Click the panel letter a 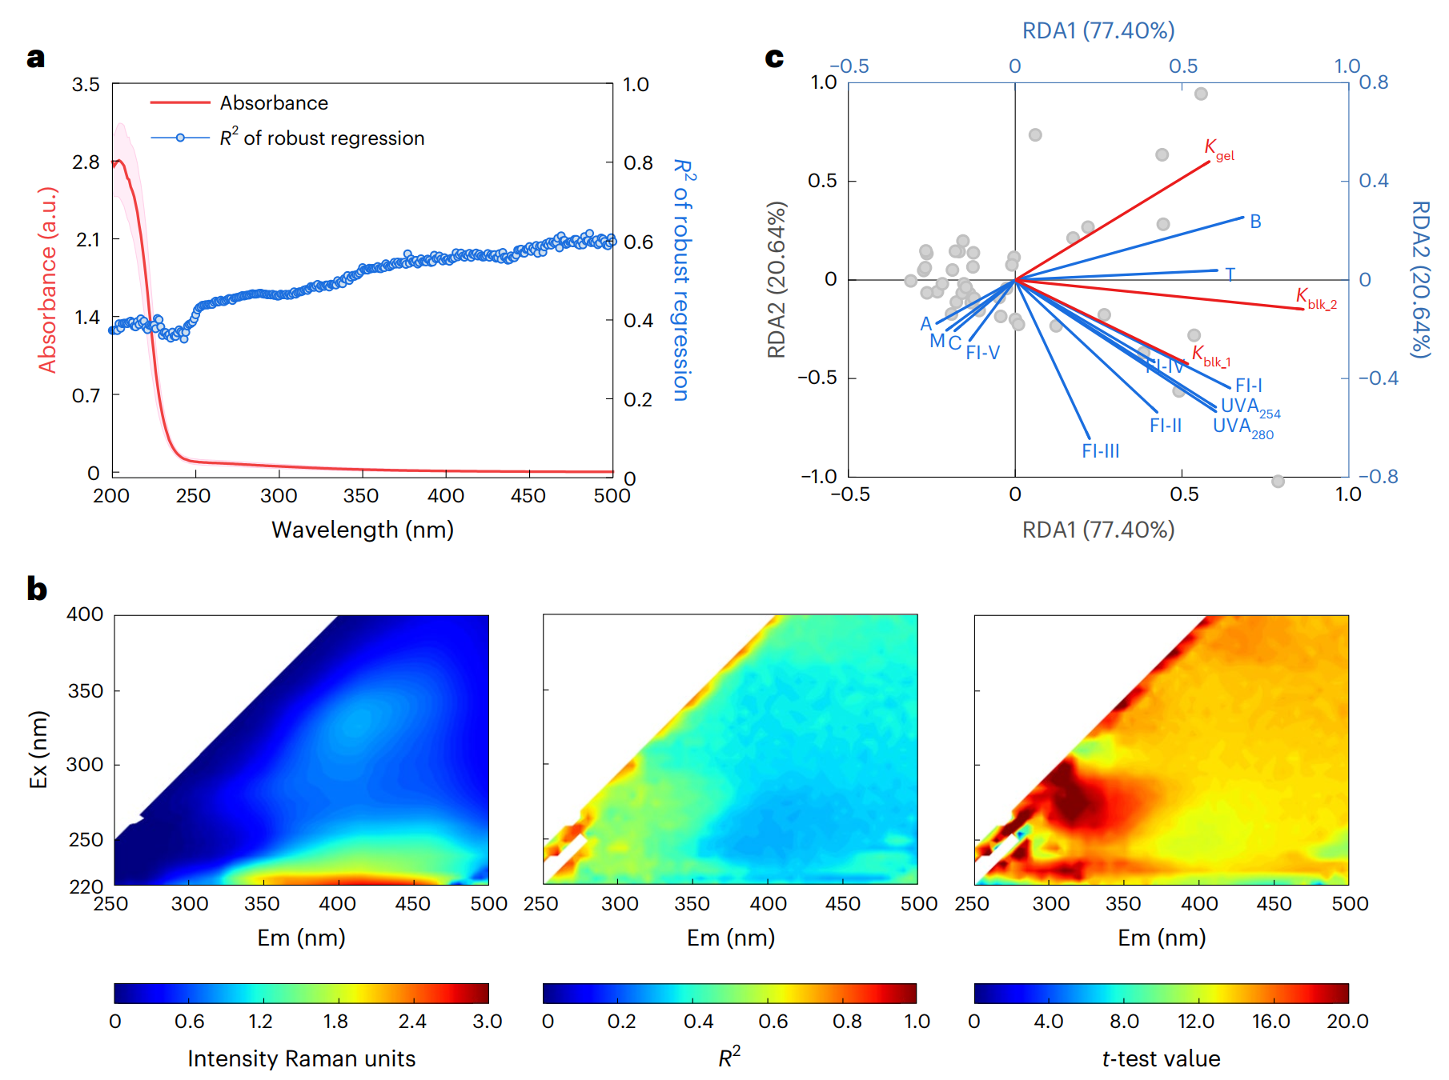(35, 58)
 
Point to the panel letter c (774, 58)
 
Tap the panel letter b (37, 589)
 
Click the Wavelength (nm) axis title (362, 530)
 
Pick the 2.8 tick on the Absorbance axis (86, 162)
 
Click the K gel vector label (1218, 149)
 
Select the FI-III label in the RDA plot (1100, 451)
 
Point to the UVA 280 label (1242, 427)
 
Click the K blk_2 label (1315, 298)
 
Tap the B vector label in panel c (1255, 222)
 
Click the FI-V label (982, 353)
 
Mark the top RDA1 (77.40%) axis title (1098, 30)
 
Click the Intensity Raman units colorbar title (301, 1058)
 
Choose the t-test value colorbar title (1161, 1058)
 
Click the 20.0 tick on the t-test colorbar (1347, 1022)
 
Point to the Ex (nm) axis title (38, 750)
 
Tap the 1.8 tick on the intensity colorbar (335, 1022)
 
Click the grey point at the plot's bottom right (1278, 481)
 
